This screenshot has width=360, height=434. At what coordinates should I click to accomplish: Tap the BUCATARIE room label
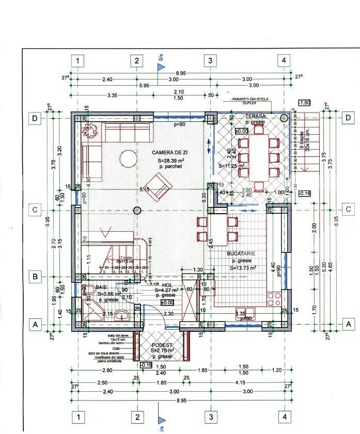coord(241,254)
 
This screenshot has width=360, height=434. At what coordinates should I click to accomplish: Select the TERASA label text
coord(255,117)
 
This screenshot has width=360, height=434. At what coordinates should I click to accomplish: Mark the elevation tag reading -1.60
coord(305,103)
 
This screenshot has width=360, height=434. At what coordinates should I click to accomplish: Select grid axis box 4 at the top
coord(284,60)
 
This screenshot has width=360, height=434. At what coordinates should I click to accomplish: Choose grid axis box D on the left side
coord(35,118)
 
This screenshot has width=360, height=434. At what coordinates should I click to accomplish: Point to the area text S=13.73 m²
coord(242,268)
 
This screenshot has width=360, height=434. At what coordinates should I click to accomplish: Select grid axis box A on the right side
coord(349,324)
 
